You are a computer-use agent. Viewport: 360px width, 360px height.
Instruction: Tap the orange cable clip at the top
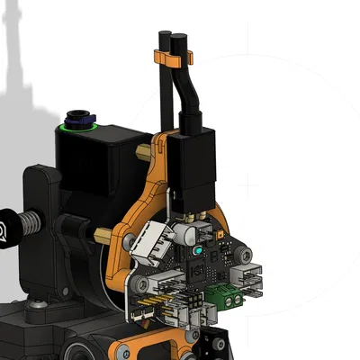point(175,60)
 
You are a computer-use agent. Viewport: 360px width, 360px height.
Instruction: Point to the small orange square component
point(223,232)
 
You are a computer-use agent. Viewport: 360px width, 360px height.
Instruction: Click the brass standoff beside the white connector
point(106,238)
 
